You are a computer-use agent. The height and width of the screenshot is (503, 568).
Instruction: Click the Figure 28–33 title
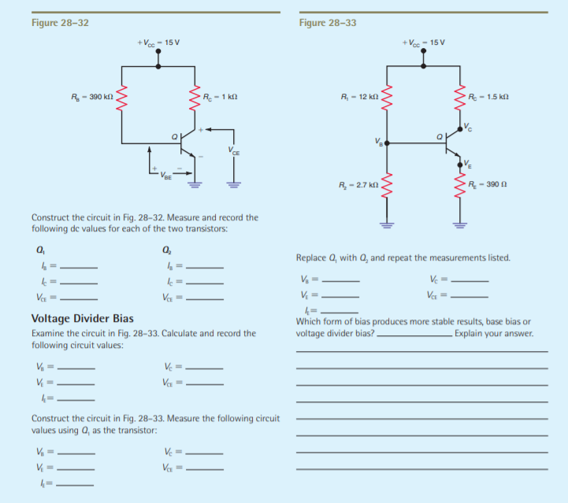coord(328,22)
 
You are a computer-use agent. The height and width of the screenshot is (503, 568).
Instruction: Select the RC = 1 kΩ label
coord(221,97)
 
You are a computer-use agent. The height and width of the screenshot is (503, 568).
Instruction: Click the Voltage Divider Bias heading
coord(82,318)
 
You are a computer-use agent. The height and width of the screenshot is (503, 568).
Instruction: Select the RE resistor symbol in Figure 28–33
coord(459,187)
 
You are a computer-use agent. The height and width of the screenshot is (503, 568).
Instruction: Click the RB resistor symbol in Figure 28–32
coord(121,97)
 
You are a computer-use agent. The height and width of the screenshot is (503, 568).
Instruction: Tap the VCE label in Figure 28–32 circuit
coord(232,150)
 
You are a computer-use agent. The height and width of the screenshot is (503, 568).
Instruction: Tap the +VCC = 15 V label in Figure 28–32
coord(158,42)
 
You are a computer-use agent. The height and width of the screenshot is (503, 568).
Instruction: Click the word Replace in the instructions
coord(311,257)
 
